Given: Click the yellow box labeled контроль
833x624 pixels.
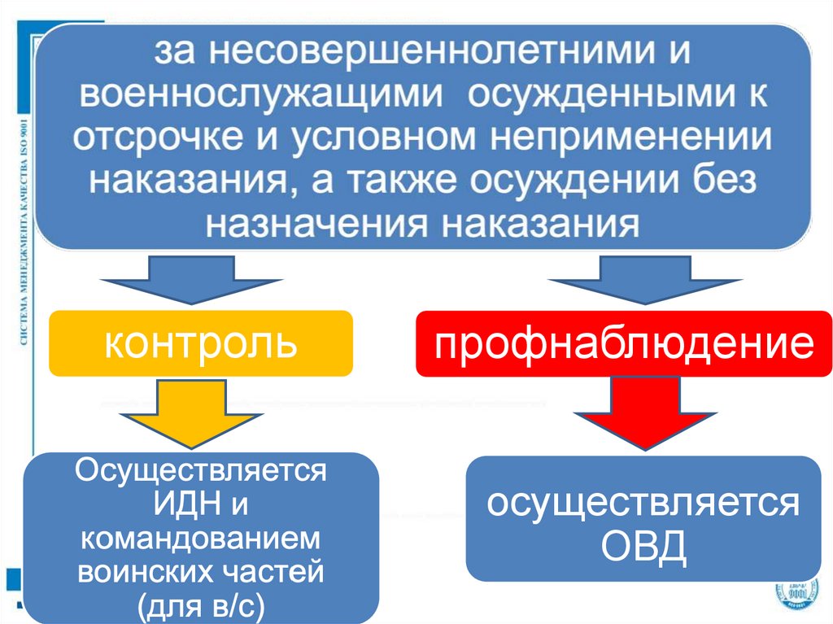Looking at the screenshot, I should (x=200, y=343).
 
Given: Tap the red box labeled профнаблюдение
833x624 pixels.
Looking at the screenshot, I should (x=623, y=343).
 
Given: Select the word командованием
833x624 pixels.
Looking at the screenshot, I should (x=201, y=539).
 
